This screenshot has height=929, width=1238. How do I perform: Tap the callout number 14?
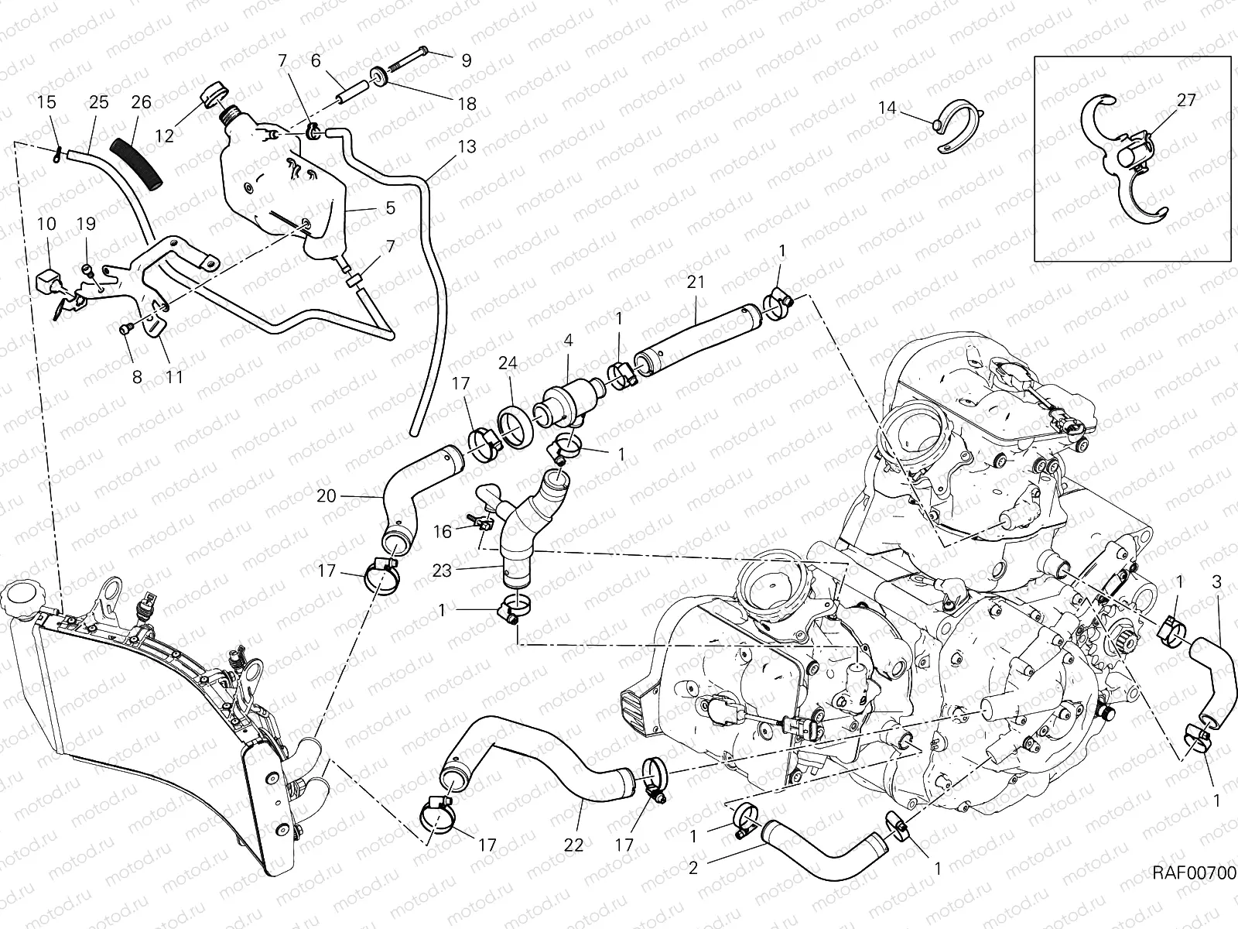pos(887,108)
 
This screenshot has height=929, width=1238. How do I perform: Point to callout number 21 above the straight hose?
pos(696,282)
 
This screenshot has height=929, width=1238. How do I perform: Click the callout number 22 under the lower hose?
pos(573,845)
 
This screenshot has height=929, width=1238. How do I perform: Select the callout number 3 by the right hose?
pos(1216,581)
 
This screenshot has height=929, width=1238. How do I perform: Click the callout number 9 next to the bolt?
pos(466,60)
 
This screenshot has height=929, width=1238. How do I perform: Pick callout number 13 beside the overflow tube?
pos(467,147)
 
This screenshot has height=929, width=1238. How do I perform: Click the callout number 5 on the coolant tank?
pos(390,207)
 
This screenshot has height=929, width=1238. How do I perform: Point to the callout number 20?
pos(327,495)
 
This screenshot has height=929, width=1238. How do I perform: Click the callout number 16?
pos(442,532)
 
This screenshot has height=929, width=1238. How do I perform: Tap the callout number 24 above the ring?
pos(508,363)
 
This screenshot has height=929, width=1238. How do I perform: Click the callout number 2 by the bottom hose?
pos(693,868)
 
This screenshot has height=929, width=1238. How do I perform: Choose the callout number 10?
pos(46,224)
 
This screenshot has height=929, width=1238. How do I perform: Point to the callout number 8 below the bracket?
pos(138,377)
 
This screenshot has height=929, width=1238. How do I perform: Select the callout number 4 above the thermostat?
pos(568,340)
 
